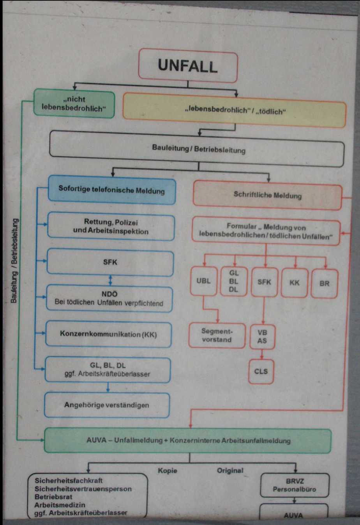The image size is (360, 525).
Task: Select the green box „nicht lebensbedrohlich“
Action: click(74, 104)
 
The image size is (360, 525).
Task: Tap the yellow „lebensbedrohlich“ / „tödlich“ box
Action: click(235, 111)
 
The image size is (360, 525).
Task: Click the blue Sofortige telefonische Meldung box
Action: click(112, 190)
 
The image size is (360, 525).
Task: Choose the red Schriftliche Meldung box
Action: click(267, 195)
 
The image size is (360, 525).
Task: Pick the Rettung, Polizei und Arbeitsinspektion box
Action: click(111, 227)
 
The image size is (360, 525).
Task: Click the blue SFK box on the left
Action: click(110, 262)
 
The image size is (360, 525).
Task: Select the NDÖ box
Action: click(109, 299)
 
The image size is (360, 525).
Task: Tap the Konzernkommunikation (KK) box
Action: click(108, 334)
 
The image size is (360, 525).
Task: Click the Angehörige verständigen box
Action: click(107, 405)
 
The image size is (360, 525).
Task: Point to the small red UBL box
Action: click(203, 281)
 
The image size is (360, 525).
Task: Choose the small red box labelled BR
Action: click(324, 284)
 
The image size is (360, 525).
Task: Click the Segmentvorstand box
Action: click(217, 335)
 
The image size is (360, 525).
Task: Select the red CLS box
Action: click(261, 371)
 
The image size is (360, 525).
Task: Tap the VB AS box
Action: click(262, 336)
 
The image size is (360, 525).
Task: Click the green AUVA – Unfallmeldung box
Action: click(188, 440)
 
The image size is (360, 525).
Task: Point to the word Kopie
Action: click(167, 470)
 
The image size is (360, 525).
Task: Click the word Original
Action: click(230, 470)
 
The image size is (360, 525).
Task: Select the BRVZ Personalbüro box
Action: click(295, 485)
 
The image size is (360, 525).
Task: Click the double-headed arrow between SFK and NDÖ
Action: click(110, 280)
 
